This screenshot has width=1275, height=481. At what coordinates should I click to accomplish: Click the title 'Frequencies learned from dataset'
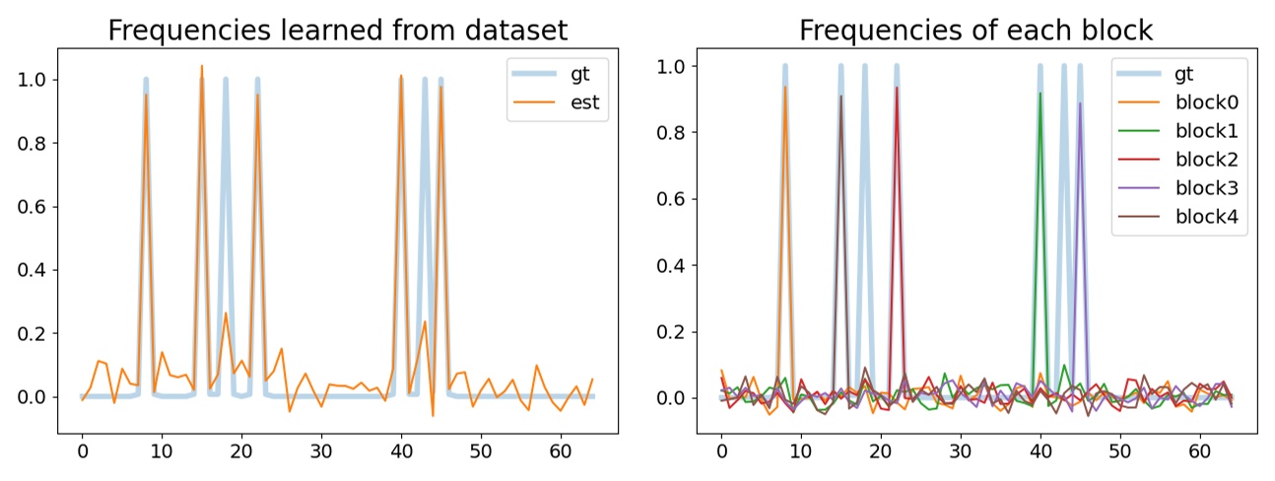point(337,30)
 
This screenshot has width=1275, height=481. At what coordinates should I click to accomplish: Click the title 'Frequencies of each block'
point(975,30)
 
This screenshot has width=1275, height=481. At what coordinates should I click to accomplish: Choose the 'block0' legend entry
point(1211,101)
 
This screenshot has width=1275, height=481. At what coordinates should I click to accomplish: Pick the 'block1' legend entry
point(1211,130)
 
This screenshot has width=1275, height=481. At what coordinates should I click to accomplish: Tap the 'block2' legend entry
point(1211,160)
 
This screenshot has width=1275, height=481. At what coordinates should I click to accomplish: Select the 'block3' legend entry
point(1211,189)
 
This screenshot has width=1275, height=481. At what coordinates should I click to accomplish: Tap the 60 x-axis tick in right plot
point(1199,451)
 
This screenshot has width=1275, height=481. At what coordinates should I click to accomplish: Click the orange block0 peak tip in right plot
point(785,87)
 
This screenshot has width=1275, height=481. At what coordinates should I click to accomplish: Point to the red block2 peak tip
point(897,88)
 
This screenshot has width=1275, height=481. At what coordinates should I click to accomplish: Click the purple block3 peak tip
point(1080,103)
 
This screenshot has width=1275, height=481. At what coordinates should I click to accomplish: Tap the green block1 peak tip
point(1040,94)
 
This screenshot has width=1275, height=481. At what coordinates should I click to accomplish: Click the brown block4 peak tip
point(840,97)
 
